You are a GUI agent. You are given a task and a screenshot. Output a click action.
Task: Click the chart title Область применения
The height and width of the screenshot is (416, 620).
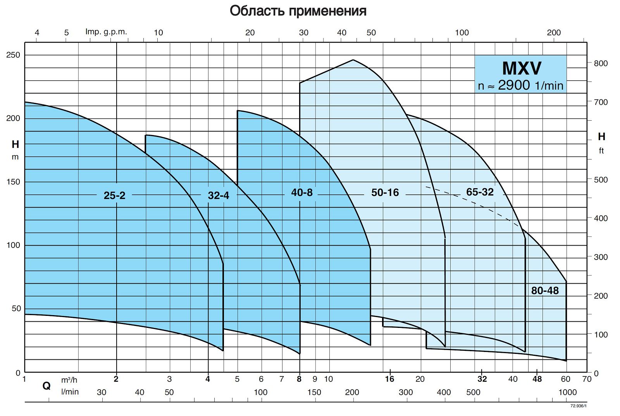(298, 11)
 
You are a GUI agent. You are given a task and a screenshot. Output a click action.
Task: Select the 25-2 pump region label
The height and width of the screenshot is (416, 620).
(114, 196)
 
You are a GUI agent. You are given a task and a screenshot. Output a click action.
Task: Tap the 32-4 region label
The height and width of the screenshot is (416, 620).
(219, 196)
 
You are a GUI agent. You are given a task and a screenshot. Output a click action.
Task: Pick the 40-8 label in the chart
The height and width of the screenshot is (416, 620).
(302, 192)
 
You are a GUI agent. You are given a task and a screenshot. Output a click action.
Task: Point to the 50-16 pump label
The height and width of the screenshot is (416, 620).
(385, 192)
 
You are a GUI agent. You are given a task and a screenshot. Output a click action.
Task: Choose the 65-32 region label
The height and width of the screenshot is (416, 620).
(480, 192)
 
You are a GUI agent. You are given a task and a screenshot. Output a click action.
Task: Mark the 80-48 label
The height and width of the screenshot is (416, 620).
(545, 291)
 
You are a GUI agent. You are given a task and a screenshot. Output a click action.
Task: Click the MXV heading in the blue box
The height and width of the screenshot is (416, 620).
(521, 68)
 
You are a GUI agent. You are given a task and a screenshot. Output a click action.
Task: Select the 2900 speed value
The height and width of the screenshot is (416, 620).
(514, 85)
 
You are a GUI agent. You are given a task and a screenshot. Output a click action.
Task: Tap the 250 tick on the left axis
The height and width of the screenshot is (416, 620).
(13, 55)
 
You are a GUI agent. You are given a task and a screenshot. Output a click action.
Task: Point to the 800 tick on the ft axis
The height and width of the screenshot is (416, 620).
(601, 63)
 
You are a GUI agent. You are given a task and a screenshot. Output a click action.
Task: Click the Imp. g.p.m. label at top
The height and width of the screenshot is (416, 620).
(106, 32)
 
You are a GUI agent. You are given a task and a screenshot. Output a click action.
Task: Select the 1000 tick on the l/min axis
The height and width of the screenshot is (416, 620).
(567, 392)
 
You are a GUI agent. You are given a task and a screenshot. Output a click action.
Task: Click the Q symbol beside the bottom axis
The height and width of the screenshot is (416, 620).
(46, 386)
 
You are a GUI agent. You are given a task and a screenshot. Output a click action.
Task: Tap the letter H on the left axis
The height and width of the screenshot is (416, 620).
(15, 144)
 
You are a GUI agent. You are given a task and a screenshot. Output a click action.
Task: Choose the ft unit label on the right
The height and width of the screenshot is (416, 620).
(601, 151)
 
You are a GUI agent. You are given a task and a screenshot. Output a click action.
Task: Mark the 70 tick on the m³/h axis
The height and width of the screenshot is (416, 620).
(587, 379)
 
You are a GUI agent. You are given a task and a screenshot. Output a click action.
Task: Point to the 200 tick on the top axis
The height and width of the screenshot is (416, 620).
(554, 33)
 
